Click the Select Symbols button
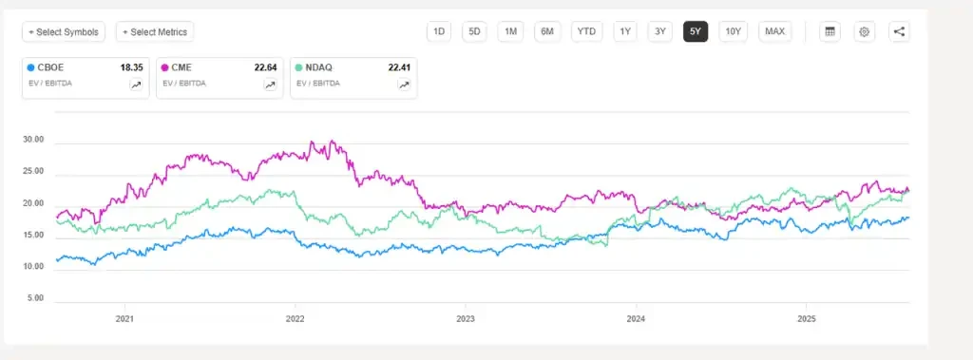tap(65, 31)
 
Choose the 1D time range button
tap(439, 31)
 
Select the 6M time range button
tap(547, 31)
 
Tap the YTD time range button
tap(587, 31)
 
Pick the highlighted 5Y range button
tap(695, 31)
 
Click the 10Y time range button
tap(733, 31)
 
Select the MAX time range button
tap(774, 31)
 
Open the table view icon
tap(830, 31)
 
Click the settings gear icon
tap(865, 31)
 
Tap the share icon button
tap(900, 31)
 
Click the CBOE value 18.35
tap(131, 67)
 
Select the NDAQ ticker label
tap(322, 67)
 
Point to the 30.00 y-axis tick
tap(33, 140)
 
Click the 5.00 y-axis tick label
tap(35, 298)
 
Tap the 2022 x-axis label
tap(295, 319)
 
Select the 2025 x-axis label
tap(806, 319)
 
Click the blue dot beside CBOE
tap(30, 67)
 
